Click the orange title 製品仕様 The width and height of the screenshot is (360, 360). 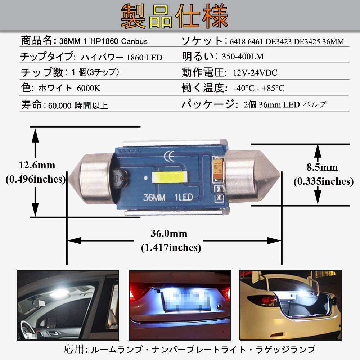pos(174,16)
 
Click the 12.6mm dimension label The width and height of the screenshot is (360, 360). pos(37,166)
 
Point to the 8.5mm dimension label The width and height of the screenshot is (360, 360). pos(322,167)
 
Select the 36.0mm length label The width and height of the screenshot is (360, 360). pos(169,234)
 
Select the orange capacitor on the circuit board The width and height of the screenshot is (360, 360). pos(218,166)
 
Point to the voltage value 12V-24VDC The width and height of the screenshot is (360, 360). pos(255,73)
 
